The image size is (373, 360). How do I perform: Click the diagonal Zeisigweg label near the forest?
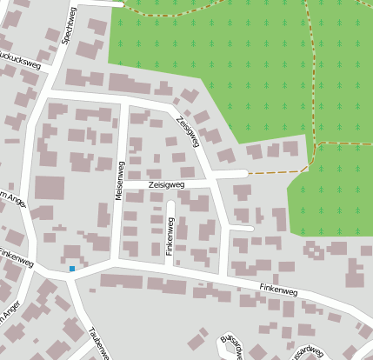click(x=187, y=130)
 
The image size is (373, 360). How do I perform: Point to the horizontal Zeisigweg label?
click(x=166, y=185)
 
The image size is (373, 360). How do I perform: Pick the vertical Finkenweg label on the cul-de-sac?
click(x=170, y=231)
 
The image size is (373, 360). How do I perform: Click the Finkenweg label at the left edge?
click(x=16, y=257)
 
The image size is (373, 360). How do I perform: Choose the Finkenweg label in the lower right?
click(x=278, y=290)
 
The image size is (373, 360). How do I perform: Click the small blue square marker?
click(x=72, y=268)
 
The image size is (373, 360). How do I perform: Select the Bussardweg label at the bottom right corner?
click(x=310, y=354)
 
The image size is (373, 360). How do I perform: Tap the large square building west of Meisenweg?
click(x=50, y=189)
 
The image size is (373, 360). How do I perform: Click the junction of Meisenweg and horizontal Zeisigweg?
click(x=123, y=185)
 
